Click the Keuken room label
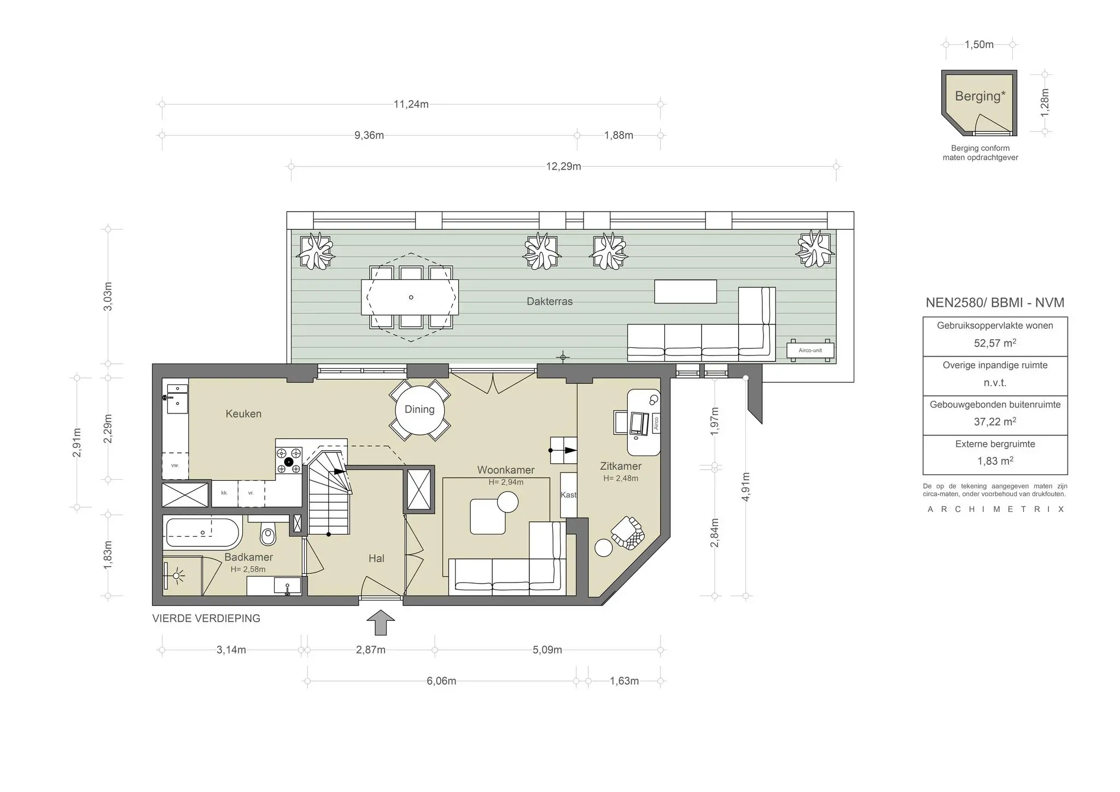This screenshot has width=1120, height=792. click(243, 414)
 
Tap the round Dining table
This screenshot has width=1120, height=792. click(419, 410)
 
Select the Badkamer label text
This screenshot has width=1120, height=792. click(248, 557)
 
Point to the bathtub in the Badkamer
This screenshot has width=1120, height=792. click(202, 533)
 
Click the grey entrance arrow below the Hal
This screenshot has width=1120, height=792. click(381, 622)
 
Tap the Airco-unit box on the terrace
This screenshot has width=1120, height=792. click(810, 350)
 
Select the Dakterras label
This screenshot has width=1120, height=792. click(550, 301)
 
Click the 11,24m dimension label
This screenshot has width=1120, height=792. click(411, 104)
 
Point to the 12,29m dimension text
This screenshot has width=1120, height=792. click(563, 166)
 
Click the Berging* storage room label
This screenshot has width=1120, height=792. click(980, 96)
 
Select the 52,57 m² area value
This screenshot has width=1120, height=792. click(995, 343)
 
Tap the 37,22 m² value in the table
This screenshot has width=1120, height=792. click(995, 422)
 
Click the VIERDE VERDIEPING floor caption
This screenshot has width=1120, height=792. click(206, 619)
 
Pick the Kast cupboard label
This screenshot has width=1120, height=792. click(568, 494)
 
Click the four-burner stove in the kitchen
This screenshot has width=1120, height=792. click(289, 461)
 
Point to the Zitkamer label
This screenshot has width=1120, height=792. click(621, 467)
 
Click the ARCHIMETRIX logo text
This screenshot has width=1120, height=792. click(996, 509)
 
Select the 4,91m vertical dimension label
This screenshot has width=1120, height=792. click(746, 486)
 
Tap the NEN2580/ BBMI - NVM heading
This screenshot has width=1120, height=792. click(995, 303)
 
